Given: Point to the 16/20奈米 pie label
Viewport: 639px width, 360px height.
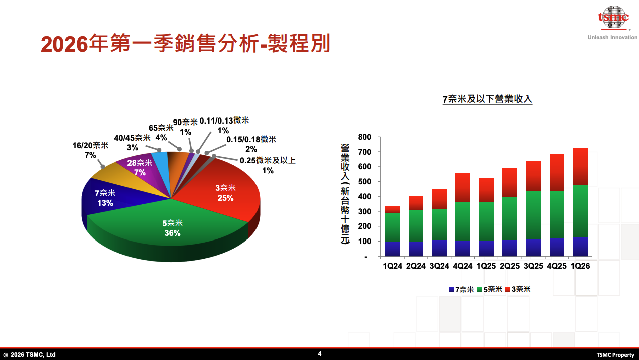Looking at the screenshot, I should pos(90,150).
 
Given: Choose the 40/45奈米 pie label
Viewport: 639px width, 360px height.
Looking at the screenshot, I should pos(132,142).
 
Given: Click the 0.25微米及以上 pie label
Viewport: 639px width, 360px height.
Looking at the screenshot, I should pos(268,165).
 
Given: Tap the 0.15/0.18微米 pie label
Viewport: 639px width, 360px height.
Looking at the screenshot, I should pos(251,144).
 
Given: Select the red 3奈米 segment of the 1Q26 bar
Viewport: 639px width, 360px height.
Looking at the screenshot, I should pos(580,166).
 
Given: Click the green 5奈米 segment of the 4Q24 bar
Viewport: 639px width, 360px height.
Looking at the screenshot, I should pos(463,221).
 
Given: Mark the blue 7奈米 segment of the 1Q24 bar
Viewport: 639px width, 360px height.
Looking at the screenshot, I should pos(392,249).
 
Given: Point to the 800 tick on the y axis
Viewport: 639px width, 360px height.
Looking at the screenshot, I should pos(365,137).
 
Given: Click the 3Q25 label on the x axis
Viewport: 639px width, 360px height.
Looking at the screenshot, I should pos(533,266).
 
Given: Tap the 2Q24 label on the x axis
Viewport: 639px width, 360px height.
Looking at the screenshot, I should pos(416,266).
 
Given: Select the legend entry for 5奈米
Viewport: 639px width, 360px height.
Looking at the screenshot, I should pos(489,289).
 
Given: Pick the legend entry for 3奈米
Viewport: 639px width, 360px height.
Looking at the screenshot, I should pos(518,289).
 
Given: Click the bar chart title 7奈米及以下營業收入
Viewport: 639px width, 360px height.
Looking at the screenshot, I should pos(487,99).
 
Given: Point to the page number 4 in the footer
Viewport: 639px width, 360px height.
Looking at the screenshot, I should pos(320,354).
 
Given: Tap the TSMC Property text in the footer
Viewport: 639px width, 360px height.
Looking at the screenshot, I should pos(615,355).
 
